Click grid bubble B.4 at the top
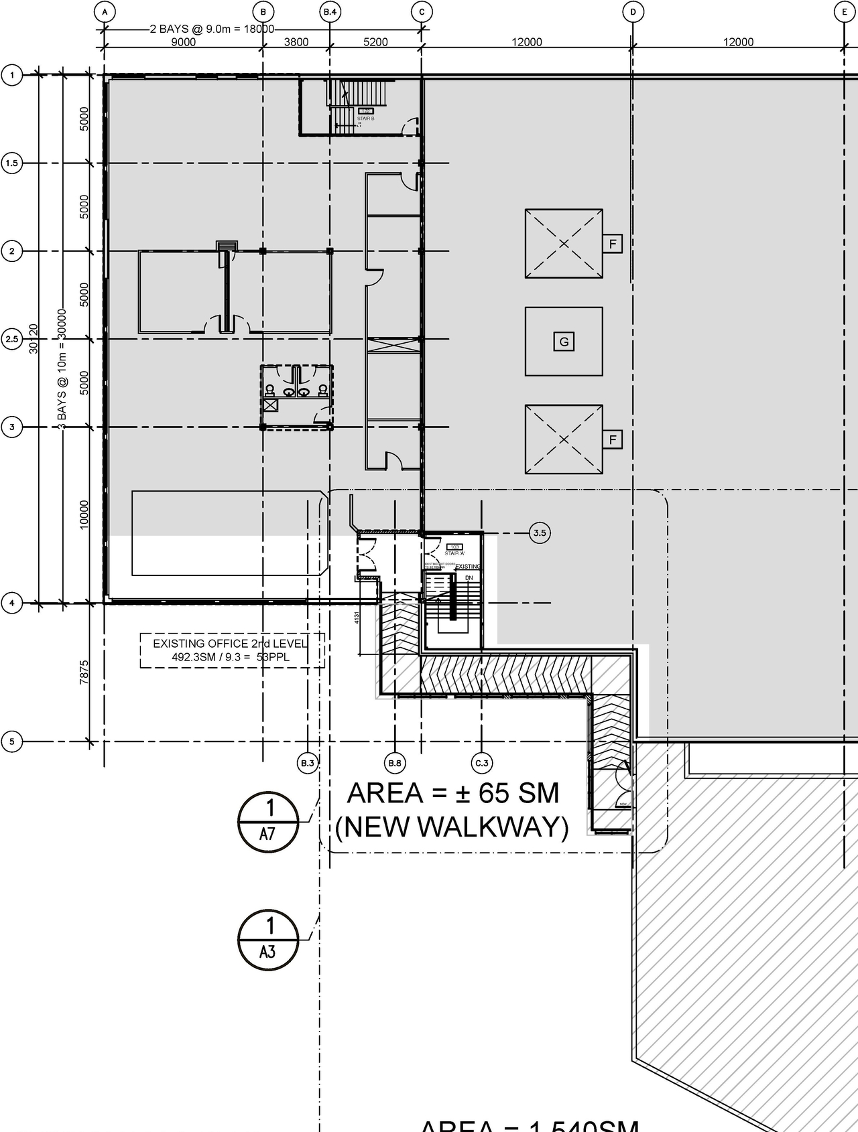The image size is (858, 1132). (x=329, y=11)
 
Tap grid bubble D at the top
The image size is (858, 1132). (x=633, y=11)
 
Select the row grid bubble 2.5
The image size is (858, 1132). (x=12, y=339)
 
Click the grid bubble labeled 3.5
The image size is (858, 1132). (x=540, y=533)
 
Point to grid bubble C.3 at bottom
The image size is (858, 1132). (x=482, y=763)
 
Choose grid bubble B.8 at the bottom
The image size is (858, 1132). (x=395, y=763)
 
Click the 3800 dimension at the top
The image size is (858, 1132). (x=296, y=42)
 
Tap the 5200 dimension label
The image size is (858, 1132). (x=375, y=42)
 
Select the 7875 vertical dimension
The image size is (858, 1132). (x=84, y=672)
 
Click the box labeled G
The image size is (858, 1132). (x=564, y=342)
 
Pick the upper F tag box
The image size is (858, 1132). (x=612, y=244)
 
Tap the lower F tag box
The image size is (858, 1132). (x=612, y=440)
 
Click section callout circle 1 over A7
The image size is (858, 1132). (x=268, y=821)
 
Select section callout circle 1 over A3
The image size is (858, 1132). (x=268, y=939)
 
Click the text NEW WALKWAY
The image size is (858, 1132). (x=452, y=827)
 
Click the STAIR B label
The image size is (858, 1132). (x=365, y=119)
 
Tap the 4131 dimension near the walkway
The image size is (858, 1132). (x=357, y=617)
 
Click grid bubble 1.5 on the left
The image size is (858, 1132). (x=12, y=163)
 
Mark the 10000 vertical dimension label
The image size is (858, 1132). (x=84, y=514)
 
